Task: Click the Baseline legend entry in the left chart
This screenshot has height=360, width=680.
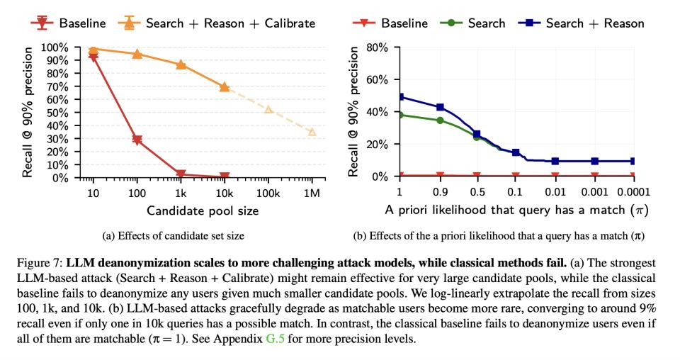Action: (74, 23)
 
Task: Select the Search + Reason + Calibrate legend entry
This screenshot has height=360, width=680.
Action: (220, 23)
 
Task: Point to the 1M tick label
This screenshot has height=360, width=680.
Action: (312, 191)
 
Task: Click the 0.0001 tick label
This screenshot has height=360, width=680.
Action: (633, 191)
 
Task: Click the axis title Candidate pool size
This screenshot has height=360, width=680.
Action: (202, 210)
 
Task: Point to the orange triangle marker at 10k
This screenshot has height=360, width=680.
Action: (225, 86)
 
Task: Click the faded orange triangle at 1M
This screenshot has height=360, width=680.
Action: (312, 132)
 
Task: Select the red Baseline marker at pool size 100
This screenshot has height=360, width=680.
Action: (137, 140)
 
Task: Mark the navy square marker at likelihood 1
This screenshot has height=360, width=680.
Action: (399, 97)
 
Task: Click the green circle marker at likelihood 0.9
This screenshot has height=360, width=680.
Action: (440, 120)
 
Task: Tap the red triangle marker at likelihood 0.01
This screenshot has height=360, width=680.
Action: (555, 175)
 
